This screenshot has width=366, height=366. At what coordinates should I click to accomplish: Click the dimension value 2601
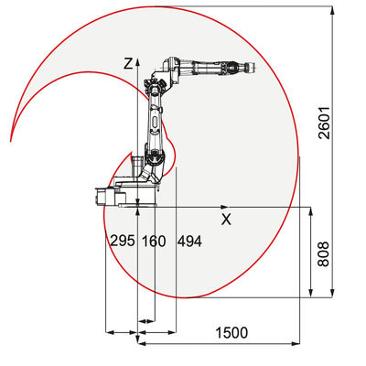324,123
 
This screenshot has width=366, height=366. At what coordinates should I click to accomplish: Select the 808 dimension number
323,254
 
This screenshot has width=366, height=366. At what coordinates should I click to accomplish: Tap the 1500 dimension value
231,333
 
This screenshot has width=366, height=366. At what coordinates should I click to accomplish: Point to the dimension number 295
123,241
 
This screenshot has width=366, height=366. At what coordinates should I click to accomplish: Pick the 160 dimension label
154,242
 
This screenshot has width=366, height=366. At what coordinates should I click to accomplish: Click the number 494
189,242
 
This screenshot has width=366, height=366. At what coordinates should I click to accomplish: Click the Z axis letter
128,64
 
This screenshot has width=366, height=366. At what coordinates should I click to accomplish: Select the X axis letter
226,219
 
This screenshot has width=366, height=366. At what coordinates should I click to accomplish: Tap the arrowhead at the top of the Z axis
137,61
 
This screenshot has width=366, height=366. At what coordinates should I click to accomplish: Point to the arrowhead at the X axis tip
224,207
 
